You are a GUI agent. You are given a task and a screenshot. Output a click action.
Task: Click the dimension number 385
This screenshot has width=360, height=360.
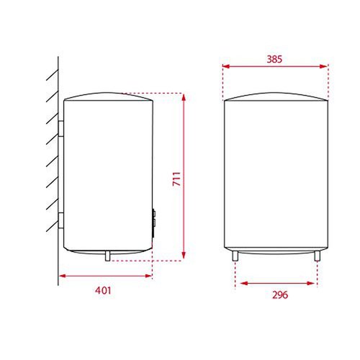coord(274,59)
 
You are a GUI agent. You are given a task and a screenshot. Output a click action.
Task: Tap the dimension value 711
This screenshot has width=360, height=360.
coord(177,179)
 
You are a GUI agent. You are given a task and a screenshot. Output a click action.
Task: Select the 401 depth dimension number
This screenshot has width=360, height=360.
coord(103,290)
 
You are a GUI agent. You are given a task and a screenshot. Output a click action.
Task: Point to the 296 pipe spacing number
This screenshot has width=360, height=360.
coord(280,294)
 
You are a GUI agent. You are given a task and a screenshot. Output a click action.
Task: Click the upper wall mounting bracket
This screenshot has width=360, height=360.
coord(61,128)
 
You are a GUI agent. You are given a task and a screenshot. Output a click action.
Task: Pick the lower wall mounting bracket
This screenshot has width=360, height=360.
coord(61,220)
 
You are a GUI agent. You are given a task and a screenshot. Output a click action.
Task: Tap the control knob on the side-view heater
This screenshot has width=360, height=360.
coord(153,219)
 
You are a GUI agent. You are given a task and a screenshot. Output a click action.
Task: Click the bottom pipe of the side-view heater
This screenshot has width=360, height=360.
coord(108,256)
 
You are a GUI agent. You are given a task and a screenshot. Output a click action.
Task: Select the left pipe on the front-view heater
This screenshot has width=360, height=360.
coord(235,256)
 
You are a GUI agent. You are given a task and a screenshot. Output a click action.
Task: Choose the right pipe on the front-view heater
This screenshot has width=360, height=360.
coord(318,256)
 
